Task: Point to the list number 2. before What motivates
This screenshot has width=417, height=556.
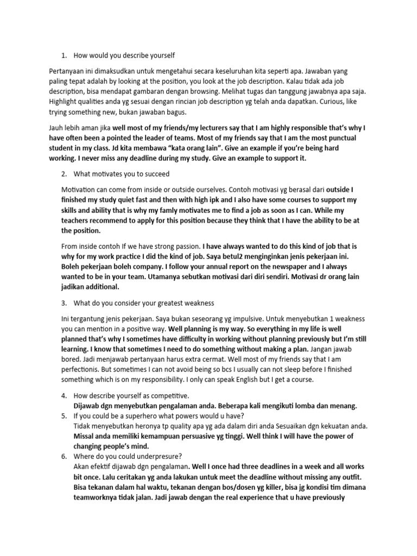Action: click(x=64, y=174)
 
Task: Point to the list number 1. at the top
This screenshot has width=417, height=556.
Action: click(x=64, y=55)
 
